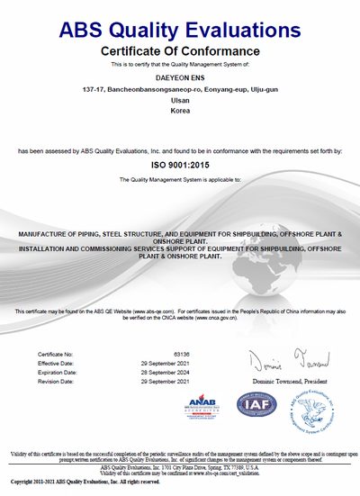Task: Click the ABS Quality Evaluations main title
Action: pyautogui.click(x=180, y=30)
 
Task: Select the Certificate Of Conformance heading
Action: pyautogui.click(x=180, y=50)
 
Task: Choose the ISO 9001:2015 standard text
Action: pyautogui.click(x=180, y=167)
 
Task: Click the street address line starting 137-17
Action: pyautogui.click(x=180, y=90)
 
